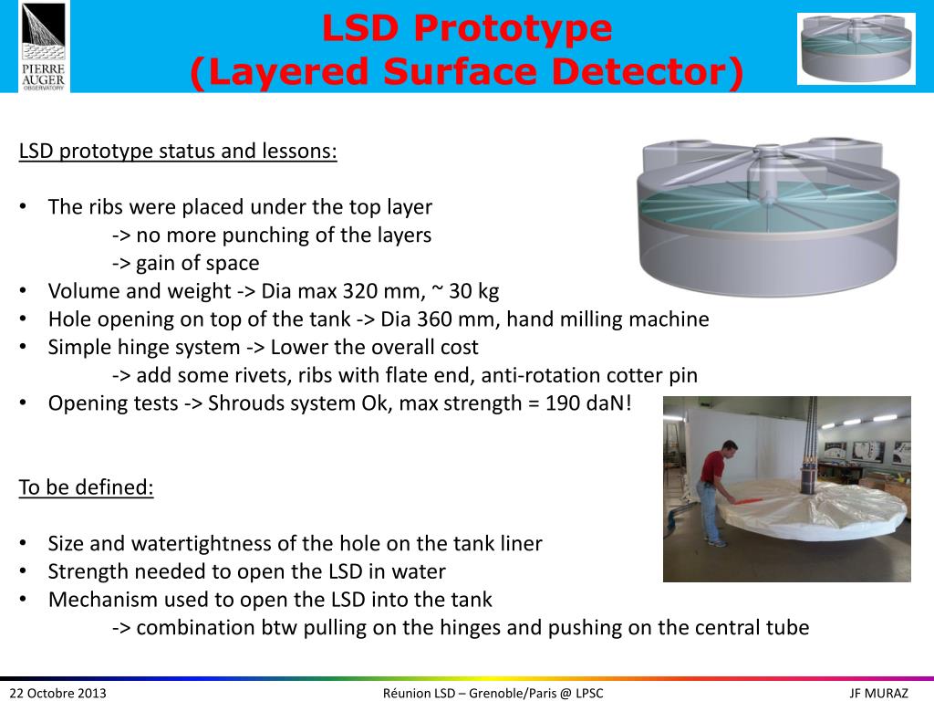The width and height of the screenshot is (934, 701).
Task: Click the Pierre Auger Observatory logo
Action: (x=44, y=47)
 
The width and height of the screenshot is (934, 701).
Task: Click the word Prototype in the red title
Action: (x=512, y=28)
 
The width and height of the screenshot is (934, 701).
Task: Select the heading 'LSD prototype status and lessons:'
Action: (x=178, y=151)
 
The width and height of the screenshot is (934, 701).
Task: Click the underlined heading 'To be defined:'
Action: (x=87, y=487)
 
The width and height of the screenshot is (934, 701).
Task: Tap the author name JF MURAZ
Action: (x=878, y=694)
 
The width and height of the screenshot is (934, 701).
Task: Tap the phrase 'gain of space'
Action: (x=197, y=264)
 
